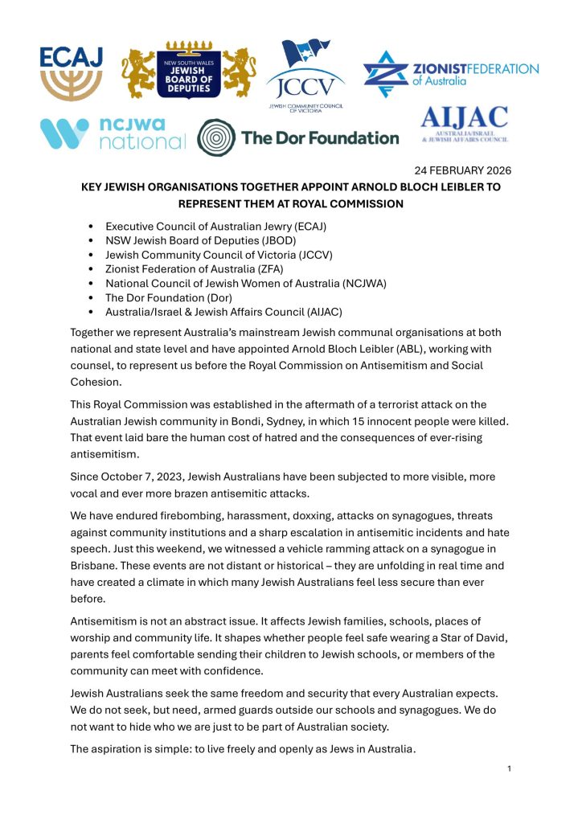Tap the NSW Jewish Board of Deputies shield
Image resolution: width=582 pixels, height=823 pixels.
tap(189, 71)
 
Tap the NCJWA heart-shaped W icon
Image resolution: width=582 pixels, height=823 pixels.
tap(64, 134)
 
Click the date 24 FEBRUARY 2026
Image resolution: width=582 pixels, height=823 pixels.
tap(462, 170)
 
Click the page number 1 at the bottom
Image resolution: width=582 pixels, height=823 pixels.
tap(510, 769)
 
